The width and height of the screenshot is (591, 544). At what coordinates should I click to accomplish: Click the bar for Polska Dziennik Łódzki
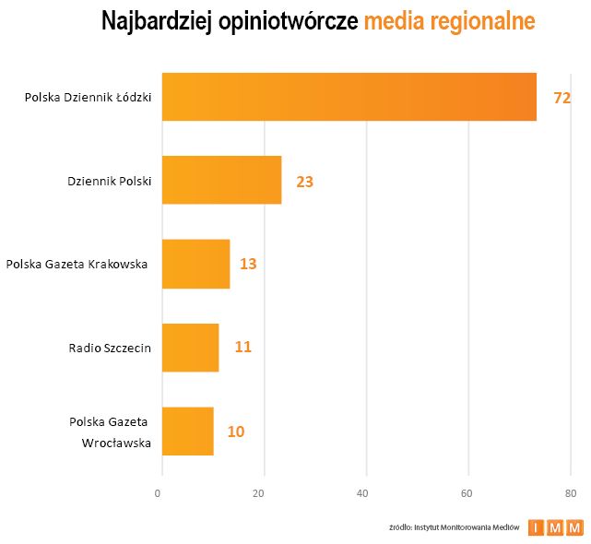point(349,97)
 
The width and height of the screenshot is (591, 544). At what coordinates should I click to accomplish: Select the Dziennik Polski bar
point(221,180)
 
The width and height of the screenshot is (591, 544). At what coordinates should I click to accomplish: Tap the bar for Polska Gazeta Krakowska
point(195,264)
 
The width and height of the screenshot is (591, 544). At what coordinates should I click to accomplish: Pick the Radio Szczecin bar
point(190,348)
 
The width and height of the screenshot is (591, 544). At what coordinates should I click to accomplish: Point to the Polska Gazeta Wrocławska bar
point(187,431)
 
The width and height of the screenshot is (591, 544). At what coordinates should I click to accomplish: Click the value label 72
point(562,97)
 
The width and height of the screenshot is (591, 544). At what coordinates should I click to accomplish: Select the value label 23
point(305,182)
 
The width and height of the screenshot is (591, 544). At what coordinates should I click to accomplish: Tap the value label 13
point(248,264)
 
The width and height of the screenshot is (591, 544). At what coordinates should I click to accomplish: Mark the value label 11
point(242,348)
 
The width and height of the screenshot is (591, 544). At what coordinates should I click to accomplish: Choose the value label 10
point(236,431)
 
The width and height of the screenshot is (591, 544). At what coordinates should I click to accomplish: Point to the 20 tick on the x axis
point(265,493)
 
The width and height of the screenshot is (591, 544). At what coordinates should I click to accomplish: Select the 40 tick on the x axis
point(366,493)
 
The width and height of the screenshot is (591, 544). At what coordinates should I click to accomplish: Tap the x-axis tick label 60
point(468,493)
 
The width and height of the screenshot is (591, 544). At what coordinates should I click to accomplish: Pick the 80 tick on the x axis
point(571,493)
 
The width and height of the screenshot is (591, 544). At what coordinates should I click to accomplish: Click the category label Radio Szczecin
point(110,348)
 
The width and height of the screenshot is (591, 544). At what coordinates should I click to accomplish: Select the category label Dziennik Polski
point(110,182)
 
